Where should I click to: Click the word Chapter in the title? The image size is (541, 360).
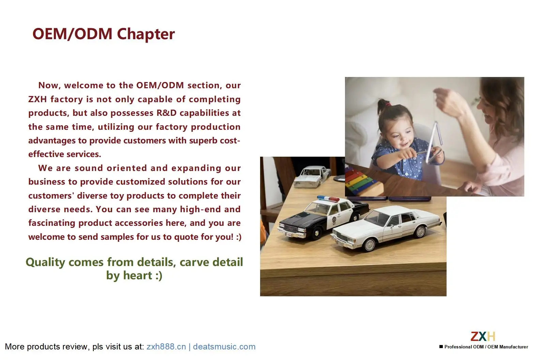pos(146,34)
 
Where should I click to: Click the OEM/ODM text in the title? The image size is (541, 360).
pos(73,34)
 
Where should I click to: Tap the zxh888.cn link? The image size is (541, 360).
pos(166,346)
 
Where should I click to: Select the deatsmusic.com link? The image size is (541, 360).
pos(224,346)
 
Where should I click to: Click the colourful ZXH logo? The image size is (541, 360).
pos(483,336)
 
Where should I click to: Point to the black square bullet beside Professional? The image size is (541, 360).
pos(441,347)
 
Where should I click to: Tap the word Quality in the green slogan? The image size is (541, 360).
pos(45,262)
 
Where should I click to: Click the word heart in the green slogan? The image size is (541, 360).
pos(138,275)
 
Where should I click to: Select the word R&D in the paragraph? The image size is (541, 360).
pos(167,113)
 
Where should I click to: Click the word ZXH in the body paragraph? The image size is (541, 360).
pos(38,99)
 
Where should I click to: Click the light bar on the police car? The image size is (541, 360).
pos(328,199)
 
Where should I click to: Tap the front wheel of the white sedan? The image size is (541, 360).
pos(370,245)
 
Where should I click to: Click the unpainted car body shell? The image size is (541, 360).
pos(312,177)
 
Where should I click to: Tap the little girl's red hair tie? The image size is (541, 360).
pos(388,105)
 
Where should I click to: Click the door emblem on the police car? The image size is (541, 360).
pos(334,220)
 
